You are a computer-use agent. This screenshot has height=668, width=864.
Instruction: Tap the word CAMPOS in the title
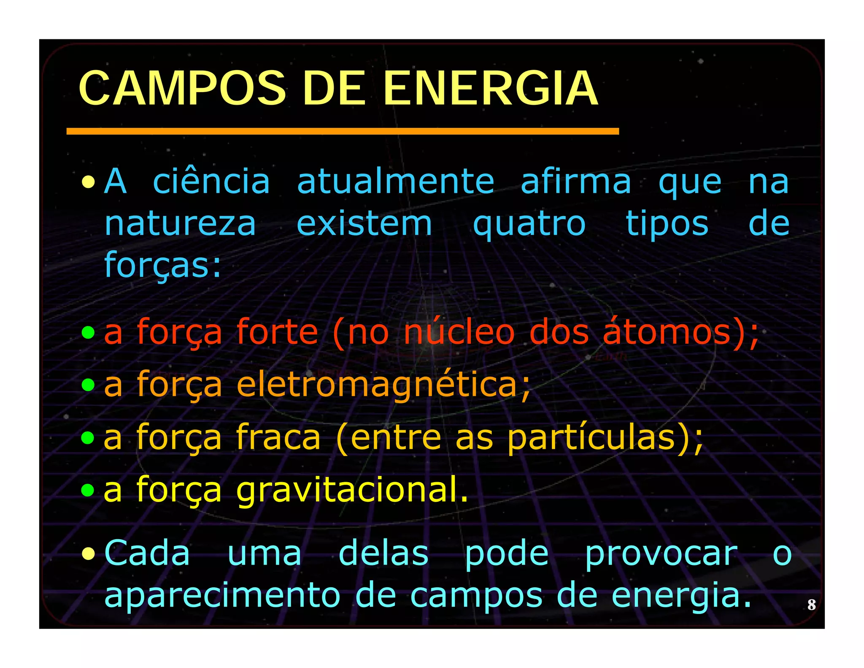click(182, 89)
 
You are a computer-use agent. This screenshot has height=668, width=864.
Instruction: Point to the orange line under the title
click(343, 132)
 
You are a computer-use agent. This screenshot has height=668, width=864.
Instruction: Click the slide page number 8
click(811, 605)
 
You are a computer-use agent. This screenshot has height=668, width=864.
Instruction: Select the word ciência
click(211, 182)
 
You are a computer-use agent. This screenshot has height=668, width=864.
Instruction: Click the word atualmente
click(395, 182)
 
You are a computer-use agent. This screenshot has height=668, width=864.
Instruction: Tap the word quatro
click(529, 224)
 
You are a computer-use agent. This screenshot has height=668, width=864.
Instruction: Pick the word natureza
click(180, 224)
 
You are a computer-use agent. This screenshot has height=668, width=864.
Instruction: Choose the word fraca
click(278, 438)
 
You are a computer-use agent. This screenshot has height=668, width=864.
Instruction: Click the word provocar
click(661, 554)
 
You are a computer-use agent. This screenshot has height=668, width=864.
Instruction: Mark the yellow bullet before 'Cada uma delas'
click(88, 553)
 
